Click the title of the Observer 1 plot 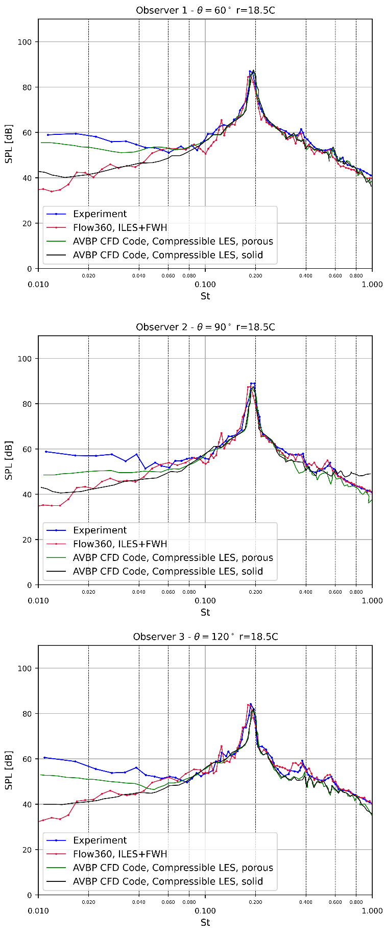point(205,10)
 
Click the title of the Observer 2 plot point(205,327)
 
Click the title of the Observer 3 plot point(205,637)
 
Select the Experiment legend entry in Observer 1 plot point(100,214)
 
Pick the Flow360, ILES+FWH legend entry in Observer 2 point(120,544)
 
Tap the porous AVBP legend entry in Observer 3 point(173,868)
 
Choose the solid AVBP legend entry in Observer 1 point(167,255)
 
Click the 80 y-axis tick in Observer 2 point(27,404)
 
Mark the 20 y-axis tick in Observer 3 point(27,850)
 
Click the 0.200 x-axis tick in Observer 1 point(255,276)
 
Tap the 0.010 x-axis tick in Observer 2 point(38,600)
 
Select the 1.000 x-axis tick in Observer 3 point(372,910)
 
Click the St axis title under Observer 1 point(205,296)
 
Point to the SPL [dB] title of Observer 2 point(9,460)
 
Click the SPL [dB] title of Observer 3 point(9,770)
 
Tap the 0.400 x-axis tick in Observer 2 point(306,592)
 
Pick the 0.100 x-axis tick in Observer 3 point(205,910)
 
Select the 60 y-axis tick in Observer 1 point(27,132)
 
